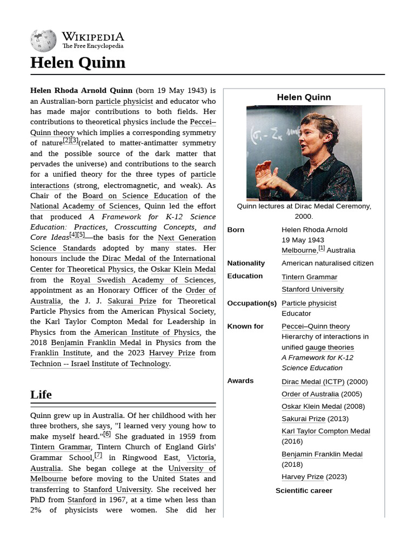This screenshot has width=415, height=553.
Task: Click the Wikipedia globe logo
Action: click(43, 41)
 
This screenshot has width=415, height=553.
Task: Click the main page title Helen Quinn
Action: click(78, 63)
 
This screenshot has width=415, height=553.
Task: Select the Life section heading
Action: click(41, 395)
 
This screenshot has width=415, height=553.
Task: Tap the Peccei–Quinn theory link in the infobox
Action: click(316, 326)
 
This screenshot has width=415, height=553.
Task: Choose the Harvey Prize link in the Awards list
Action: click(302, 477)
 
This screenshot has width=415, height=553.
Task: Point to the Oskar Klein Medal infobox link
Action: click(312, 407)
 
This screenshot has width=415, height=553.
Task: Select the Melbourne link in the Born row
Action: click(299, 251)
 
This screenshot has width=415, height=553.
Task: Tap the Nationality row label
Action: click(246, 264)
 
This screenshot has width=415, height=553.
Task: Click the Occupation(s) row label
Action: click(252, 304)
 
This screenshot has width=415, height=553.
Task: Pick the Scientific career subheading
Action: click(304, 491)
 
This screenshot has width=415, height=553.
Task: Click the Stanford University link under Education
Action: click(312, 289)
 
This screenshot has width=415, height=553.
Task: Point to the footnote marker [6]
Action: click(106, 434)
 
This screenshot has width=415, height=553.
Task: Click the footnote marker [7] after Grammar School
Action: click(98, 455)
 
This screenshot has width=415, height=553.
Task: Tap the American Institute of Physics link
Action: click(146, 333)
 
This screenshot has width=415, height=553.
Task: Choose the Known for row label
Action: click(245, 327)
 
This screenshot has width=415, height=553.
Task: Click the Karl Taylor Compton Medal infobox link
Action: click(325, 431)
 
